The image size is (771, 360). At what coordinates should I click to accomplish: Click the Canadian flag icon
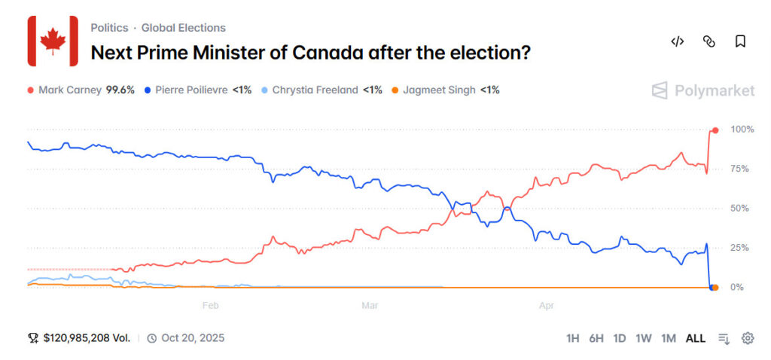(x=53, y=40)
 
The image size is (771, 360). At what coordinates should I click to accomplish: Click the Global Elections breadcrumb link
(x=183, y=28)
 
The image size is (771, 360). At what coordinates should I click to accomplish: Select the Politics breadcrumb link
(x=109, y=28)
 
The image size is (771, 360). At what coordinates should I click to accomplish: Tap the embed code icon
(x=677, y=41)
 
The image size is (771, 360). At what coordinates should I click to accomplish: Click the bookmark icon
(x=740, y=41)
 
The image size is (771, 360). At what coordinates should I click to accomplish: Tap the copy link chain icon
(x=709, y=41)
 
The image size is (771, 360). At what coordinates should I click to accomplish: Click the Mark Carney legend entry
(x=81, y=90)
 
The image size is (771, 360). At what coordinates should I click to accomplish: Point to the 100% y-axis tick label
(x=742, y=130)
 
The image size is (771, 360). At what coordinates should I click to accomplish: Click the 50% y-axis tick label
(x=739, y=208)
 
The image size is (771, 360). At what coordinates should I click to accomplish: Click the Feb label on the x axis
(x=211, y=305)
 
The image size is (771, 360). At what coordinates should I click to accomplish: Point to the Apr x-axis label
(x=547, y=305)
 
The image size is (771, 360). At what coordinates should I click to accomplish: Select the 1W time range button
(x=643, y=338)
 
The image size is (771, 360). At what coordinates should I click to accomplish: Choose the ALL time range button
(x=695, y=338)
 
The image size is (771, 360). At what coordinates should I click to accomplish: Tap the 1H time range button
(x=573, y=338)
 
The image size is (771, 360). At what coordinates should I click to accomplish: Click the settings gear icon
(x=748, y=338)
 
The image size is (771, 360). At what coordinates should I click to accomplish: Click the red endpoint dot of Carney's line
(x=715, y=130)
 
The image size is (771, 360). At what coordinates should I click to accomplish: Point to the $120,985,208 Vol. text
(x=86, y=338)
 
